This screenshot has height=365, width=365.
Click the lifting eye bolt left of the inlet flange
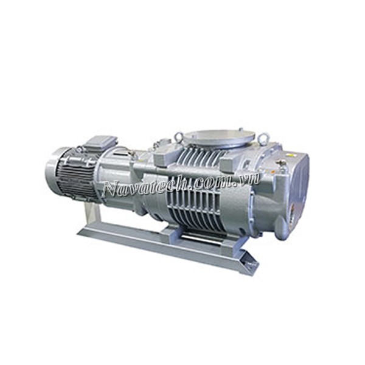[x=179, y=136]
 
